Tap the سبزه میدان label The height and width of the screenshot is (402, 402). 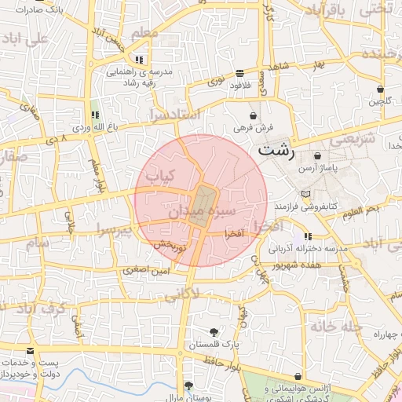tap(201, 212)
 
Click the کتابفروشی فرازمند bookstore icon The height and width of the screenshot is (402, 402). tap(305, 193)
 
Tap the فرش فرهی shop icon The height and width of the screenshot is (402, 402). tap(253, 115)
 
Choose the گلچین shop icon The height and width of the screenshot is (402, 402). tap(380, 90)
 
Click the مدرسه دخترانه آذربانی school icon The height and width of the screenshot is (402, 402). tap(308, 236)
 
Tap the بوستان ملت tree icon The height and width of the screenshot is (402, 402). tap(188, 386)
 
